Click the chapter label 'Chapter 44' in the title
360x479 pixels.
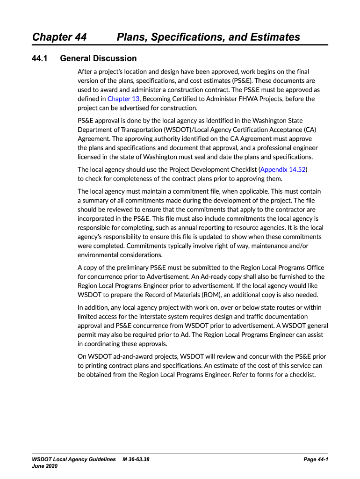pos(59,37)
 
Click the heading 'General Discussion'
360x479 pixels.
pos(99,58)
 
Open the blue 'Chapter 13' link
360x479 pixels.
pos(123,99)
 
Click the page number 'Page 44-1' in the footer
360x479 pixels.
pos(316,460)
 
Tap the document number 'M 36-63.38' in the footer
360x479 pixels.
pos(136,460)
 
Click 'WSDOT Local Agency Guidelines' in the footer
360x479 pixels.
pos(74,460)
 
